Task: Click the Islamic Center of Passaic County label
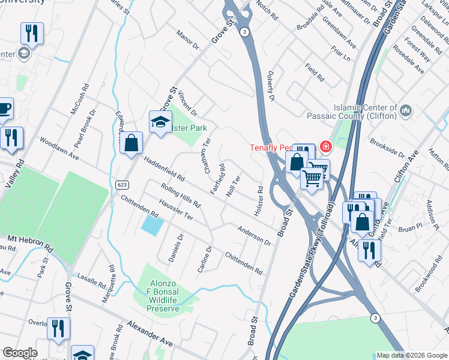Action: [351, 111]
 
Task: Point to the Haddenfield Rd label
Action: [163, 170]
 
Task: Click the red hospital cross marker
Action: [325, 146]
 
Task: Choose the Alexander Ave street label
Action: [149, 333]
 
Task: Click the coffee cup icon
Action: [4, 109]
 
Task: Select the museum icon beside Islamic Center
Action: [406, 110]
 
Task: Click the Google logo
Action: [20, 353]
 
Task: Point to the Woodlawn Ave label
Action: [59, 148]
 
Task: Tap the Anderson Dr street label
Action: [254, 235]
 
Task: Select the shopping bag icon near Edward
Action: [131, 144]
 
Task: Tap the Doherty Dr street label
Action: [271, 88]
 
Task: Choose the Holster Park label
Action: [190, 128]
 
